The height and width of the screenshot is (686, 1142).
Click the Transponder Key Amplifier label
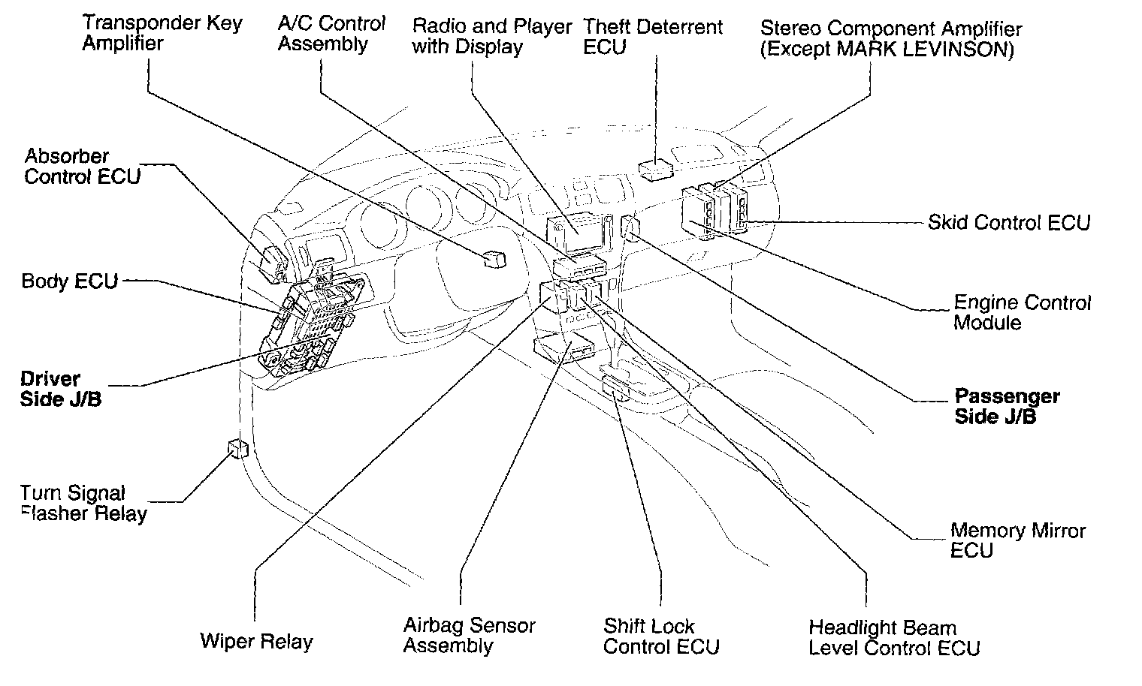tap(162, 33)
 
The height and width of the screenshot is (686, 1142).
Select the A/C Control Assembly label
tap(331, 34)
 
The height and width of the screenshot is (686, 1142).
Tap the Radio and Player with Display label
tap(491, 36)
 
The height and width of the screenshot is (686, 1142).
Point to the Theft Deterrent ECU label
tap(652, 37)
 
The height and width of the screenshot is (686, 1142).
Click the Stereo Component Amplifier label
tap(890, 40)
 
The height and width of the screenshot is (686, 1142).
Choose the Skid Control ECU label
tap(1008, 222)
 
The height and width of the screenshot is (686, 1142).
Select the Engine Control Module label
tap(1022, 312)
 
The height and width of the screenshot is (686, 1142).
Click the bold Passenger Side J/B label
tap(1007, 406)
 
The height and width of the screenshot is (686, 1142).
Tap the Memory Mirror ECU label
tap(1017, 540)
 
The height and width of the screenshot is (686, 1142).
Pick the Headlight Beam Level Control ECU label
tap(893, 637)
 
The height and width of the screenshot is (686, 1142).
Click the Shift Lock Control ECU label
tap(660, 636)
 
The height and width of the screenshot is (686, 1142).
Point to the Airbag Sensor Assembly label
tap(469, 635)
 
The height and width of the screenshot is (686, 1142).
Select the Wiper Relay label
tap(255, 642)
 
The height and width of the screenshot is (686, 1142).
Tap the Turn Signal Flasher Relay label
tap(83, 503)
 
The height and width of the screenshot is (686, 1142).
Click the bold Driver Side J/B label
tap(60, 389)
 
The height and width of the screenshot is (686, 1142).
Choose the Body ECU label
tap(69, 281)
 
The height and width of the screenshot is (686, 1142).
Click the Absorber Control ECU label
tap(82, 167)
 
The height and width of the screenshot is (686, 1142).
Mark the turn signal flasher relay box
tap(238, 449)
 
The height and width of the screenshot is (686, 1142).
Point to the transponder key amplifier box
tap(494, 258)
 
